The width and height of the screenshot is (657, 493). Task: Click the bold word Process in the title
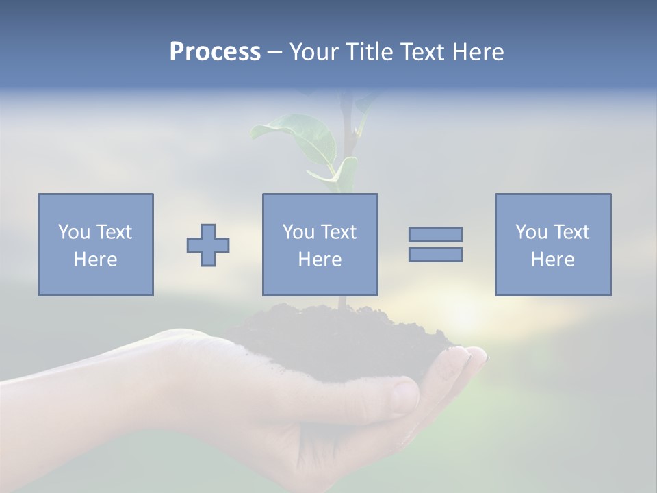pos(215,52)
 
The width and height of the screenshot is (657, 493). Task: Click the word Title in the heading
pos(369,52)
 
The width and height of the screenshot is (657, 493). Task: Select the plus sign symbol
pos(208,245)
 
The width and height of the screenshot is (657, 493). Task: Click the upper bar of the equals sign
pos(435,234)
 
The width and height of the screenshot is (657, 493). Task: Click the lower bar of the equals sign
pos(435,254)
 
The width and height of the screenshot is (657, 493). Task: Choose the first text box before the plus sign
pos(95,244)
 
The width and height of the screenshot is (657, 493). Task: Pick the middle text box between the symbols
pos(320,244)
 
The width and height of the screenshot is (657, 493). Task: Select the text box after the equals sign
pos(552,244)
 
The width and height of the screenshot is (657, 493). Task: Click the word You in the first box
pos(74,232)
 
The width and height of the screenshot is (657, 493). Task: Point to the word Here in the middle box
pos(320,260)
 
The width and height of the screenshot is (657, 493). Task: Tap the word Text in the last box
pos(571,232)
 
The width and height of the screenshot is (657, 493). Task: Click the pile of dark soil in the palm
pos(342,336)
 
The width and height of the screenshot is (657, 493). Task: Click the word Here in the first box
pos(95,260)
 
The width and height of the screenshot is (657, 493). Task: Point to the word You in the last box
pos(531,232)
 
